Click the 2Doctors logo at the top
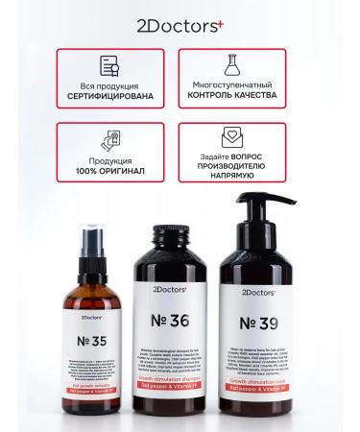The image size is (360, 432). [x=179, y=20]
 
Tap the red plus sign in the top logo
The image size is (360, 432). [x=219, y=16]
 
